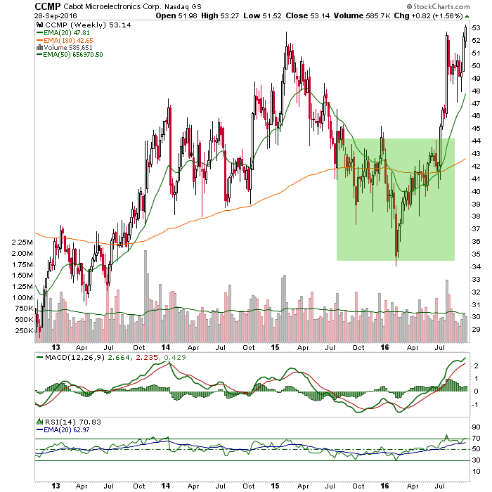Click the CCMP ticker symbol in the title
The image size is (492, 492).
(x=47, y=6)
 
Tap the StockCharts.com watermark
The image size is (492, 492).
(x=438, y=6)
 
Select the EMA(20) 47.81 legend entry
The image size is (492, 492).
(x=63, y=32)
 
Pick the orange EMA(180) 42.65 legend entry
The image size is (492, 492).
(x=65, y=40)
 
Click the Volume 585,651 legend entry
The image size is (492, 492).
(x=65, y=47)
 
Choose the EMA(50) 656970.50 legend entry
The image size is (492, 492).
(x=70, y=55)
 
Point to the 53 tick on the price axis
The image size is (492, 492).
(x=476, y=28)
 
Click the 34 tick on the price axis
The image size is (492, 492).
(x=476, y=266)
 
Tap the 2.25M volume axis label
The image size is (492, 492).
(x=22, y=242)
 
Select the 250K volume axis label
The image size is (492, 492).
(x=24, y=331)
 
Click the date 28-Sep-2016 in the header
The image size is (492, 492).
(x=56, y=15)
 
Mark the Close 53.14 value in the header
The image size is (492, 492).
(x=308, y=15)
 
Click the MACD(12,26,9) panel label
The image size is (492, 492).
(x=75, y=357)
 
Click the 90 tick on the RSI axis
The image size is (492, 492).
(x=476, y=427)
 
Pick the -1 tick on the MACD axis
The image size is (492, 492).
(x=476, y=405)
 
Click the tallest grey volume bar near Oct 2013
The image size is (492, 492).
(x=145, y=296)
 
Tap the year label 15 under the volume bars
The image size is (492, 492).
(x=275, y=347)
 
